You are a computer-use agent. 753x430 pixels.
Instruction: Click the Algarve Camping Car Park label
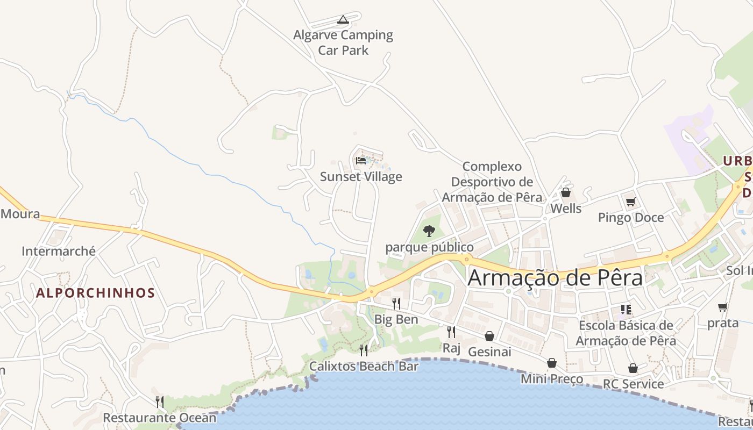point(343,42)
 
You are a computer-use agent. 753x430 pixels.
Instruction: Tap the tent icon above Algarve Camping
point(343,20)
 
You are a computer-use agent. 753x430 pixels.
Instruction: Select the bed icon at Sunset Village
point(361,160)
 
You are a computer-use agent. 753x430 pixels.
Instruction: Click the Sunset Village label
point(361,177)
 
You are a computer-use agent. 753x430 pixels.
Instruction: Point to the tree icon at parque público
point(429,231)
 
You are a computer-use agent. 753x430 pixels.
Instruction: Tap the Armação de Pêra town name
point(555,278)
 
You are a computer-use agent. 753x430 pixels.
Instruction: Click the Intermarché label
point(59,251)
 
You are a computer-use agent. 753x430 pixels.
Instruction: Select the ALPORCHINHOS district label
point(95,293)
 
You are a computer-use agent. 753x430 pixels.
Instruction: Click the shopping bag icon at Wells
point(566,192)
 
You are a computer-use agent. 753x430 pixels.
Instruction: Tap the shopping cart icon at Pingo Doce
point(631,202)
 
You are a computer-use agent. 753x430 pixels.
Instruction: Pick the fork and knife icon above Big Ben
point(396,304)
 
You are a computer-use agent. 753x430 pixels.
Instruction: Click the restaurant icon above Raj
point(451,332)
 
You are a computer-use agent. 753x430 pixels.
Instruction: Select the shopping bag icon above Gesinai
point(489,336)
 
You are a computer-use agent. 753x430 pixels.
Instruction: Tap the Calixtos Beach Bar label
point(364,367)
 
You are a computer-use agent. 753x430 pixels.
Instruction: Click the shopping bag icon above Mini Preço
point(552,363)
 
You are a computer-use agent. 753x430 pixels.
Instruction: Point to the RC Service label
point(633,384)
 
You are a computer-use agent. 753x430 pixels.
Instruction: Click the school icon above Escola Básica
point(626,309)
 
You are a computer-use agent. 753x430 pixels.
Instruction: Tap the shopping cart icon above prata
point(723,307)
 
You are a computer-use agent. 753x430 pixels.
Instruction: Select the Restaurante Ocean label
point(159,418)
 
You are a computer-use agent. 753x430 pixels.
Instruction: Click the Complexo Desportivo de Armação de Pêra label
point(492,182)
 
